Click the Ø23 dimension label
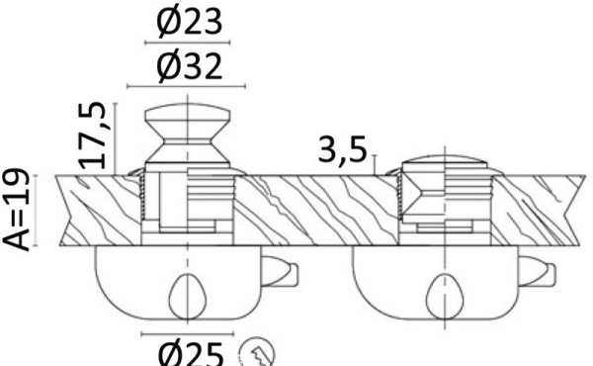tap(189, 22)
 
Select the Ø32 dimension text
tap(189, 66)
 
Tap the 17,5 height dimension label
tap(92, 136)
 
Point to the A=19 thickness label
tap(16, 210)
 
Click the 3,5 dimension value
tap(343, 150)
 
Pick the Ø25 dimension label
tap(189, 354)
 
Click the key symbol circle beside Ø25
tap(258, 353)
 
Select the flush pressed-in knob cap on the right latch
tap(445, 160)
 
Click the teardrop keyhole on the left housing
tap(188, 297)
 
